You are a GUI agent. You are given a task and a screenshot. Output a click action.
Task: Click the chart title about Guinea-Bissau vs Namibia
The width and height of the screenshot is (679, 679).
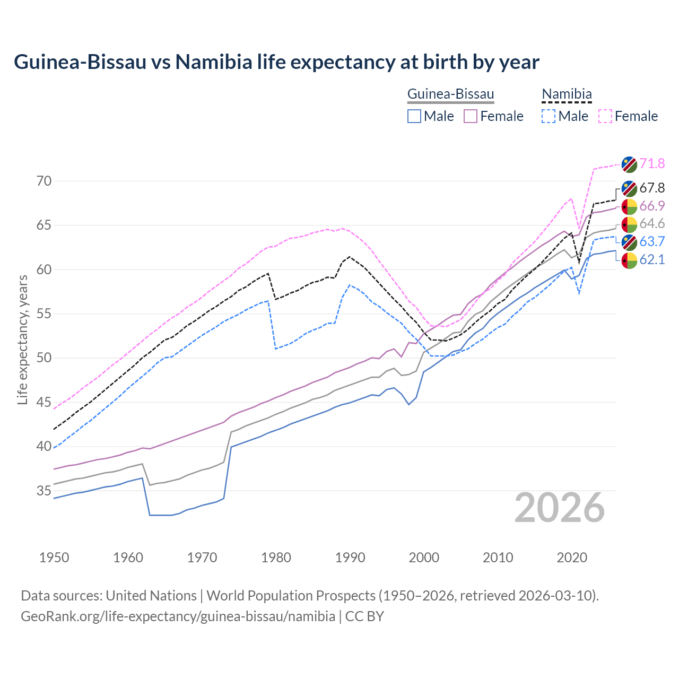(x=276, y=62)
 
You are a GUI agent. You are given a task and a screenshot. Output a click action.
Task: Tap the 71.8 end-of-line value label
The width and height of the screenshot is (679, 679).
(x=652, y=163)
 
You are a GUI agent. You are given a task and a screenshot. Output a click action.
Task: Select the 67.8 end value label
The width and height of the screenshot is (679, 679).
(x=652, y=188)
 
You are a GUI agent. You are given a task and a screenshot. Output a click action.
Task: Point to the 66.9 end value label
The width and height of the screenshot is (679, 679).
(x=652, y=206)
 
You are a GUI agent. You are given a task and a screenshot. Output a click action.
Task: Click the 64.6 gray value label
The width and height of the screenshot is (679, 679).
(x=652, y=224)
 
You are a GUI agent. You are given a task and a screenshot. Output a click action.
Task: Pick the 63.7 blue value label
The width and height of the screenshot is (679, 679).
(x=652, y=242)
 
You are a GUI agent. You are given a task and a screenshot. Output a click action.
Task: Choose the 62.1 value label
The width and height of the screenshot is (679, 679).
(x=652, y=259)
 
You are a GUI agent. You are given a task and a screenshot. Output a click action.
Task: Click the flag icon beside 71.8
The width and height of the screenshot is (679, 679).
(x=629, y=164)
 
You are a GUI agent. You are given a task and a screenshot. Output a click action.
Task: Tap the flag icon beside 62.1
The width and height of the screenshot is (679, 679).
(x=629, y=260)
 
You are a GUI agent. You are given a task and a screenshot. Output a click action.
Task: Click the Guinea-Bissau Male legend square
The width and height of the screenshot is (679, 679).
(x=414, y=116)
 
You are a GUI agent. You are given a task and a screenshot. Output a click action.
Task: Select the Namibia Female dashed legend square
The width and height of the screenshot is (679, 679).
(x=605, y=116)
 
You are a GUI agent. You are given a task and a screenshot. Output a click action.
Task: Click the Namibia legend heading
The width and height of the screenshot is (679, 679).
(x=567, y=94)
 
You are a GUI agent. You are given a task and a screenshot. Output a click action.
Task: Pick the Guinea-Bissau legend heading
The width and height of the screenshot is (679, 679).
(x=450, y=94)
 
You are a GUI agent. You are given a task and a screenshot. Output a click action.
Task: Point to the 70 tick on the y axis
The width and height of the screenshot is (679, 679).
(x=44, y=181)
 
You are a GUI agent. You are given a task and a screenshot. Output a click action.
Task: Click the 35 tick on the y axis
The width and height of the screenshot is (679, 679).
(x=44, y=491)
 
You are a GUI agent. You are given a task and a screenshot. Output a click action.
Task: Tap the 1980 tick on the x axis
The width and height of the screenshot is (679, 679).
(x=276, y=558)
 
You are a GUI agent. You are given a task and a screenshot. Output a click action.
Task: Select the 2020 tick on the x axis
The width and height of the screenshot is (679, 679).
(x=572, y=558)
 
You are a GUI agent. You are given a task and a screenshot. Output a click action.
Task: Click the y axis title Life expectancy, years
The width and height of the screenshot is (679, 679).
(x=23, y=339)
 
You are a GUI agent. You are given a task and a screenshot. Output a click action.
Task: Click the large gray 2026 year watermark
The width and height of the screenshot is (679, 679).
(x=560, y=508)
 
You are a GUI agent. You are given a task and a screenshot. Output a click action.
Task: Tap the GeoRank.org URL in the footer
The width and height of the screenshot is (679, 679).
(x=178, y=616)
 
